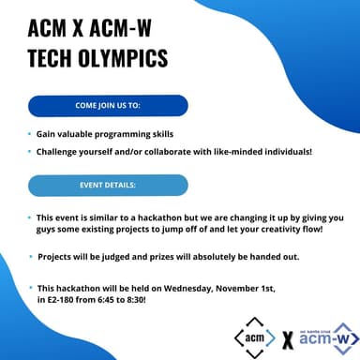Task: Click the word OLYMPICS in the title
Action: coord(118,57)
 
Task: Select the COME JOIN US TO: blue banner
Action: coord(108,105)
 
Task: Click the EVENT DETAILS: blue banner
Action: coord(108,185)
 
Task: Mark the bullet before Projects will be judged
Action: coord(29,256)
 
